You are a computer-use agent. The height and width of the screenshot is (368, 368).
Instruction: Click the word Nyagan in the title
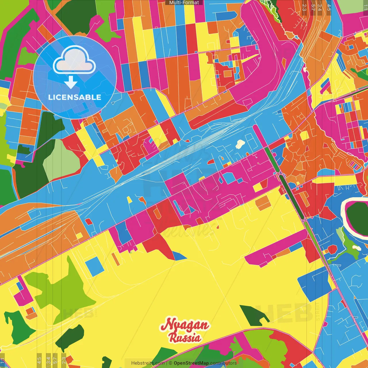(185, 325)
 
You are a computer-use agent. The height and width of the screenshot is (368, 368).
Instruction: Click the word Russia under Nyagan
(185, 338)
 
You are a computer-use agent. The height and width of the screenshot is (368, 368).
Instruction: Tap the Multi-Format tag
(184, 3)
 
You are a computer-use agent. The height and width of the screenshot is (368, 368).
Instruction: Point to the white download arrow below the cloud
(71, 83)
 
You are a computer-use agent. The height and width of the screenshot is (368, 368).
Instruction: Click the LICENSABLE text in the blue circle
(75, 97)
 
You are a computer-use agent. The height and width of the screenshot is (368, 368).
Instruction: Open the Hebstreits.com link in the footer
(148, 363)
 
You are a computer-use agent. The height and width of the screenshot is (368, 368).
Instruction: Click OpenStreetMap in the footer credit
(191, 363)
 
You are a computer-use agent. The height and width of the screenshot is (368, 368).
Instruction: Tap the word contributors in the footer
(223, 363)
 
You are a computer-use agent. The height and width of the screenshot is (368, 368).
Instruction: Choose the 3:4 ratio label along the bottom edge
(48, 360)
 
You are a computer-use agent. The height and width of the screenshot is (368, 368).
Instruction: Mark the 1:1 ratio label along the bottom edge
(3, 361)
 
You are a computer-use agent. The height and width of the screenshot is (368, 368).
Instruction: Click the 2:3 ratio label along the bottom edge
(64, 360)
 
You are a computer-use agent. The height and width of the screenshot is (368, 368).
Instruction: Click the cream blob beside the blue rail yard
(240, 144)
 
